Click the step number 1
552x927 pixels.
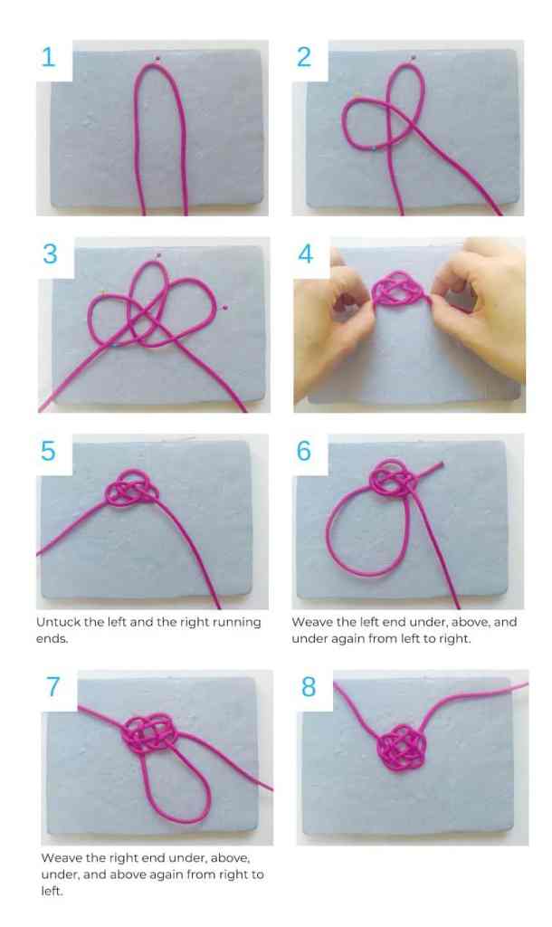click(49, 57)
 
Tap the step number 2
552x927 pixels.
click(304, 57)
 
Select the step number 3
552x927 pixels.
click(51, 254)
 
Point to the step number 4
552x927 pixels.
click(306, 254)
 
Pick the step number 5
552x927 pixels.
click(49, 451)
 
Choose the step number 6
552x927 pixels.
click(304, 451)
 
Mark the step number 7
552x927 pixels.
click(53, 687)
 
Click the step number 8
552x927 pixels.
click(309, 687)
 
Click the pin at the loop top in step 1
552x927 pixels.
click(157, 58)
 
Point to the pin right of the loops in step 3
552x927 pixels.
click(224, 307)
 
